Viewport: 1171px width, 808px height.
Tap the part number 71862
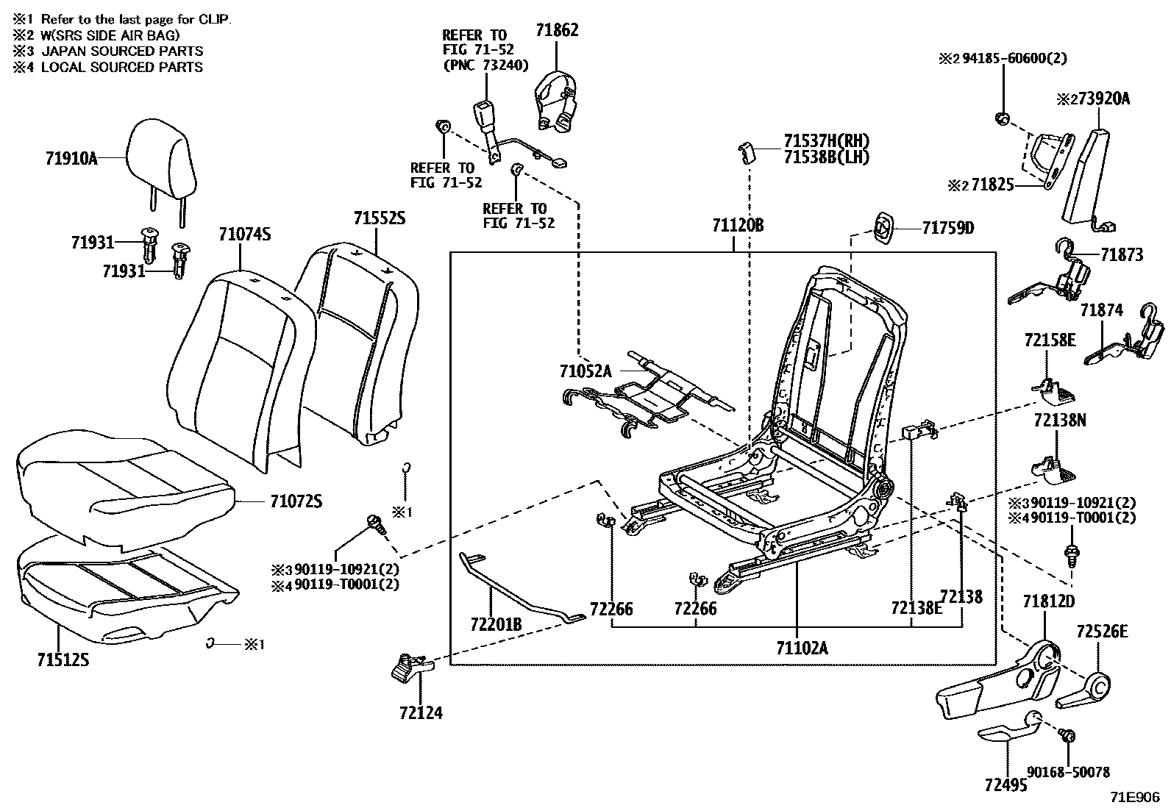(x=556, y=30)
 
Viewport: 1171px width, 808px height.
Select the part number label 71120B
(x=737, y=226)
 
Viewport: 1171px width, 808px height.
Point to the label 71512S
(x=63, y=659)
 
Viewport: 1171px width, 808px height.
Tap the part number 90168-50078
(x=1068, y=772)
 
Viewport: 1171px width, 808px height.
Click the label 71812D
(x=1048, y=601)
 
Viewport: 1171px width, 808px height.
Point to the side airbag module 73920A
(x=1086, y=176)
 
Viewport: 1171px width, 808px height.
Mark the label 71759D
(x=948, y=228)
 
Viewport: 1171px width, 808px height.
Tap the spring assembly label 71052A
(x=585, y=371)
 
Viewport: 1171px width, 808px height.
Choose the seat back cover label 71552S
(x=380, y=218)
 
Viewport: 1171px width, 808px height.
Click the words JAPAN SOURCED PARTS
(x=122, y=51)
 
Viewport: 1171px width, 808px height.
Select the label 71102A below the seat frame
(x=802, y=648)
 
